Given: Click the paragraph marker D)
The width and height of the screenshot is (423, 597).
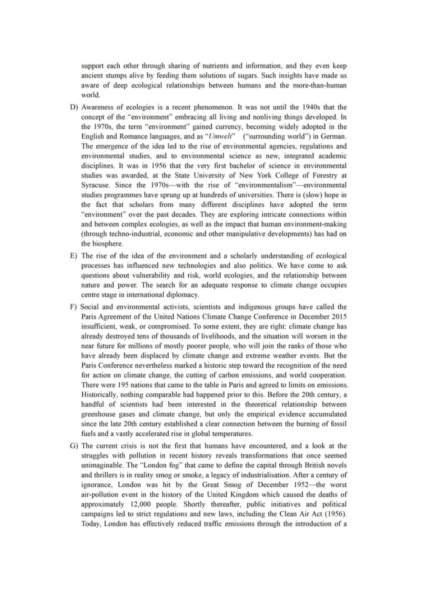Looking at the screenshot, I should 74,107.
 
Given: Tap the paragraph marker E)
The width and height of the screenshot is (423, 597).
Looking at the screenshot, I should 74,256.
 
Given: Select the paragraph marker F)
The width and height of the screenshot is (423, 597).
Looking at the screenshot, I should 74,307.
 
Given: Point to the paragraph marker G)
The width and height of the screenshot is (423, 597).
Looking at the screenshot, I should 74,446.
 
